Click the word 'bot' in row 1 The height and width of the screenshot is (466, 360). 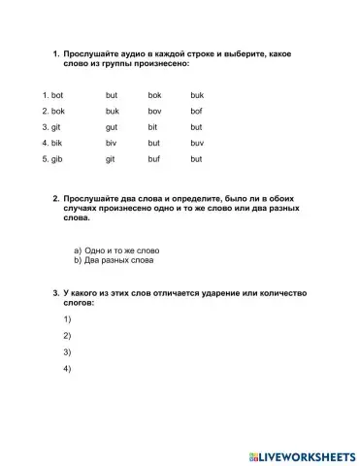[56, 95]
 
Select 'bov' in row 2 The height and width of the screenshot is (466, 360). [154, 111]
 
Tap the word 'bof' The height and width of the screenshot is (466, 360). [196, 111]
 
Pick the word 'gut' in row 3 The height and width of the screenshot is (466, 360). [112, 126]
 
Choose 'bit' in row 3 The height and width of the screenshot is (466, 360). [153, 126]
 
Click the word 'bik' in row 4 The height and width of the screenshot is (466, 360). [56, 143]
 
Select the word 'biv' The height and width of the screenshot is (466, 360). [112, 143]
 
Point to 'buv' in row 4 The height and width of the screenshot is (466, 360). [197, 143]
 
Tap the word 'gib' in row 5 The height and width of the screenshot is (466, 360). [56, 158]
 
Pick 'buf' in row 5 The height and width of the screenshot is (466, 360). [153, 158]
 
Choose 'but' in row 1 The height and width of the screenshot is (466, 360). [112, 95]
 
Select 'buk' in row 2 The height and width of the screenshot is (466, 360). [112, 111]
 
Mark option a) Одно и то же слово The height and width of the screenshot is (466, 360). [115, 250]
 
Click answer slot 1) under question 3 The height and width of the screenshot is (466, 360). [67, 319]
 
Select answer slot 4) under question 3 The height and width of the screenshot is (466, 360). [67, 370]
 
